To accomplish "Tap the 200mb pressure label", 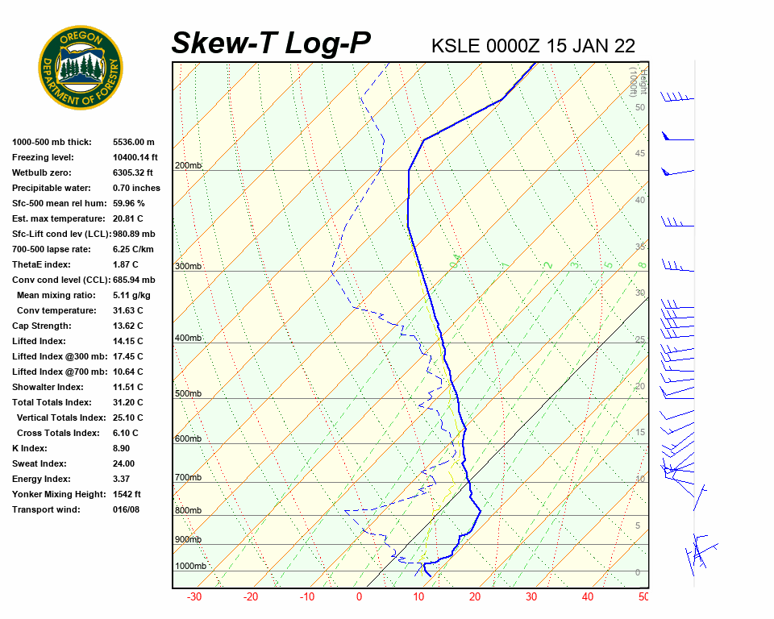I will click(188, 166).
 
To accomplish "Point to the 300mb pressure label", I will click(188, 266).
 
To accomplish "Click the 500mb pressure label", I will click(188, 393).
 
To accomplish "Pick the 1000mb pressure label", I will click(190, 566).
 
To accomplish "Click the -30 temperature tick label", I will click(194, 597).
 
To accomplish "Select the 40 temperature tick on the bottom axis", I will click(587, 597).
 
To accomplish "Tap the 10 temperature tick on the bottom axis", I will click(418, 597).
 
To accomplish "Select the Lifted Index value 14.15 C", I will click(127, 341).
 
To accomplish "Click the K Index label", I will click(31, 448).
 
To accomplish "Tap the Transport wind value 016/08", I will click(126, 509).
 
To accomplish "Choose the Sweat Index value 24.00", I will click(123, 463).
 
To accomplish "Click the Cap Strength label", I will click(41, 326).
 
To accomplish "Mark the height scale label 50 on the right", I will click(639, 107).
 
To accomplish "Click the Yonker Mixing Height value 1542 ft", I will click(127, 494).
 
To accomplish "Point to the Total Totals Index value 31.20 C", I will click(127, 402).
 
